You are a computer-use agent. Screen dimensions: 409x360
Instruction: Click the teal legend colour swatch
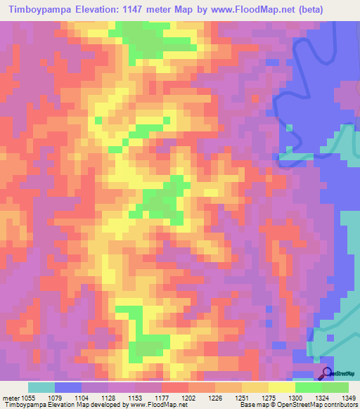[x=41, y=387]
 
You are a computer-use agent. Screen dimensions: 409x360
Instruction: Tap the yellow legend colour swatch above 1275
[x=255, y=387]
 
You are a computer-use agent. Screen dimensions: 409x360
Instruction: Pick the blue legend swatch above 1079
[x=68, y=387]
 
